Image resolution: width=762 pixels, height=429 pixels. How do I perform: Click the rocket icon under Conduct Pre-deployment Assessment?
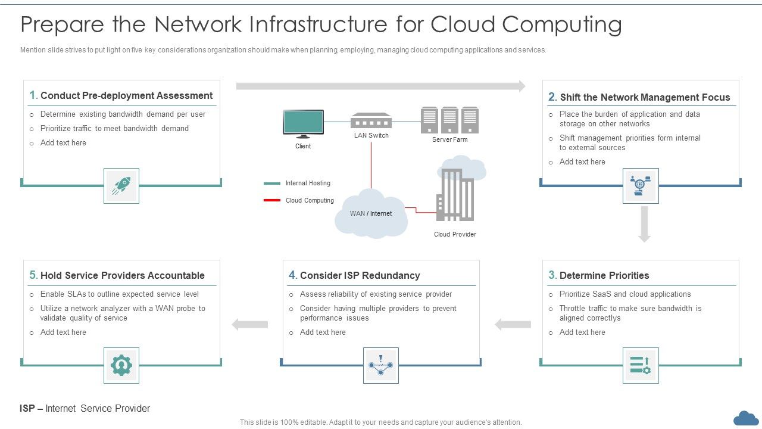pyautogui.click(x=121, y=186)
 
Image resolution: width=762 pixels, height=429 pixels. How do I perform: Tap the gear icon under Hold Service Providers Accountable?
pyautogui.click(x=121, y=365)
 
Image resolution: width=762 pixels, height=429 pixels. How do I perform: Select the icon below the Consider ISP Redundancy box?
pyautogui.click(x=381, y=365)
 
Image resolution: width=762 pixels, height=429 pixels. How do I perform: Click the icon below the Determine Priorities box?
pyautogui.click(x=641, y=365)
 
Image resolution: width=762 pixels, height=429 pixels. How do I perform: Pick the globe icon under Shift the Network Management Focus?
pyautogui.click(x=641, y=186)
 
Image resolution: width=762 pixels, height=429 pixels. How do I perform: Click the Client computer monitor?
pyautogui.click(x=303, y=123)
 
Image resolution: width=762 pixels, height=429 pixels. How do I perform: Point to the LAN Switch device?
pyautogui.click(x=371, y=121)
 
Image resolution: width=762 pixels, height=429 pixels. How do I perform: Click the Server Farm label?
pyautogui.click(x=449, y=140)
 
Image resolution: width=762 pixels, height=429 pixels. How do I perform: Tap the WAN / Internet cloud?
pyautogui.click(x=371, y=214)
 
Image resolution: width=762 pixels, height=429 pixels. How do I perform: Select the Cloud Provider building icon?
pyautogui.click(x=455, y=194)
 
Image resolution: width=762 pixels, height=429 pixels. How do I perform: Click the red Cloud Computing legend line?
pyautogui.click(x=272, y=200)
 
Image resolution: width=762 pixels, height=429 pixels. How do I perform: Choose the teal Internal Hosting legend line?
pyautogui.click(x=272, y=184)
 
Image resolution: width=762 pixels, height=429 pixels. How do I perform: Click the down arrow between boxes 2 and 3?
pyautogui.click(x=644, y=224)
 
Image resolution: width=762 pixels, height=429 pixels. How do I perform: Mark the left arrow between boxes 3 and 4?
pyautogui.click(x=513, y=325)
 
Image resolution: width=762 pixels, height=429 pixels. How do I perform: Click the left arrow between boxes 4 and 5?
pyautogui.click(x=249, y=325)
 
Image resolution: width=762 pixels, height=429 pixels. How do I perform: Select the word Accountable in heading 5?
pyautogui.click(x=175, y=275)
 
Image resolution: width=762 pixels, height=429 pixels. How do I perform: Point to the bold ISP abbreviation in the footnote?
pyautogui.click(x=27, y=409)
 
